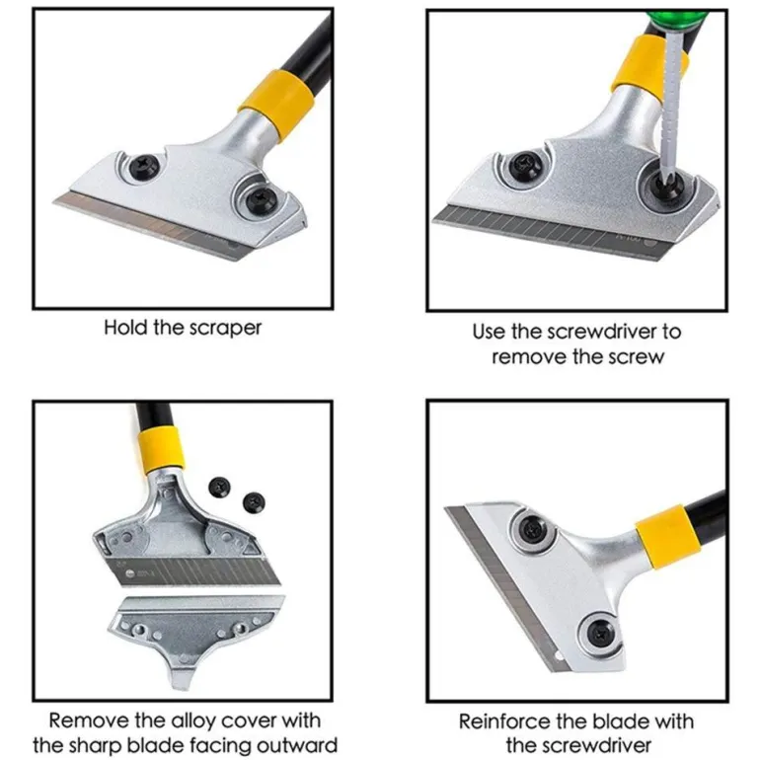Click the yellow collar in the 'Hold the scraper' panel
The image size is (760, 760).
tap(276, 107)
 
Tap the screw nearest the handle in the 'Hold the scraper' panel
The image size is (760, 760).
tap(261, 199)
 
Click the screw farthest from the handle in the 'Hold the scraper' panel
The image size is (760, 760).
tap(145, 166)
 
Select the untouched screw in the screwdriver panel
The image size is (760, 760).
tap(527, 166)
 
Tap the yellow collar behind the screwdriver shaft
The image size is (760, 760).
tap(648, 69)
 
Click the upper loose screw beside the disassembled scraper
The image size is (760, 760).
tap(219, 487)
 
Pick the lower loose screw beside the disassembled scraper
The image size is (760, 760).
tap(254, 503)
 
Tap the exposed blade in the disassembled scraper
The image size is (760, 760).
tap(192, 570)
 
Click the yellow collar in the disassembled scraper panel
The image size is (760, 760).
tap(161, 449)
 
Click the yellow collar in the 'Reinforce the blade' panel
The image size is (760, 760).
tap(669, 536)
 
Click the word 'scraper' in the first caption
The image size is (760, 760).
tap(225, 328)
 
